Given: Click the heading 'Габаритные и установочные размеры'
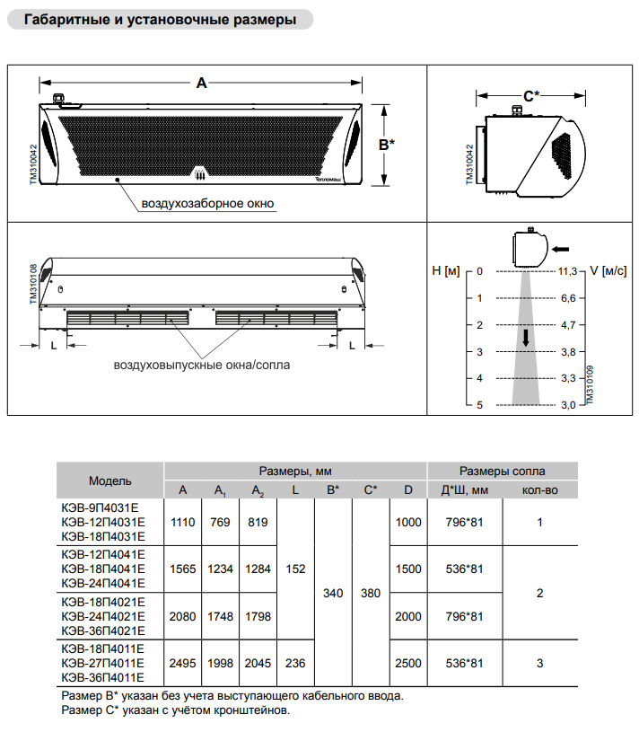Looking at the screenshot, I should click(160, 20).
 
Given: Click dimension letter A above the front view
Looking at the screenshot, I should click(202, 84).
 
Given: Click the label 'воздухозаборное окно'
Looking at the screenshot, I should click(207, 204).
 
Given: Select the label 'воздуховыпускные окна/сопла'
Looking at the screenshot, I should click(202, 366).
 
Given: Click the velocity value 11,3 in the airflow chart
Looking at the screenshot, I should click(567, 270).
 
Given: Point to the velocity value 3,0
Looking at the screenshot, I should click(567, 405).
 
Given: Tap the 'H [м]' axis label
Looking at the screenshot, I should click(445, 270).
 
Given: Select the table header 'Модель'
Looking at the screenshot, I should click(110, 481).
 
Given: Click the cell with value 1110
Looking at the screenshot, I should click(183, 522).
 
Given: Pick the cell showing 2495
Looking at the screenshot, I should click(183, 663).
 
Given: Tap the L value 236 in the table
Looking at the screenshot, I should click(295, 663).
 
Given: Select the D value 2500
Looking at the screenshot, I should click(408, 663).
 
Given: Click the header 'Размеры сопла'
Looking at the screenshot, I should click(502, 471).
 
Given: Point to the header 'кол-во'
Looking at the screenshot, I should click(539, 489).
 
